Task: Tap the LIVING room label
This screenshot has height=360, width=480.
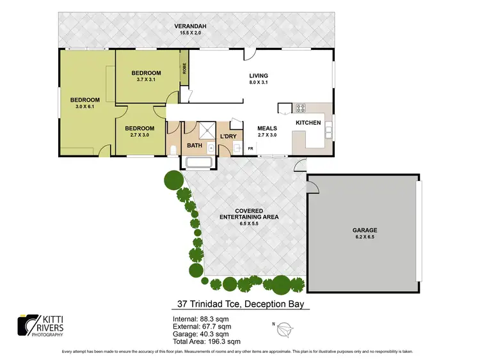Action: point(259,76)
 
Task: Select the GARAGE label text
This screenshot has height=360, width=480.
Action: point(364,230)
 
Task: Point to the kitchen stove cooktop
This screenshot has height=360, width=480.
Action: point(301,108)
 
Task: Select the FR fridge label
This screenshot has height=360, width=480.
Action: point(250,149)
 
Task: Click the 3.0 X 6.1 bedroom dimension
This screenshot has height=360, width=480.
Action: point(84,106)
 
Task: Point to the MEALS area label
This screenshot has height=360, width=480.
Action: point(267,128)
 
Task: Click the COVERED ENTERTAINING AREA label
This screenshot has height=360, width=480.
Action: point(249,214)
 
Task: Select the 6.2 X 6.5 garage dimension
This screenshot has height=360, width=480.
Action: point(364,237)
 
